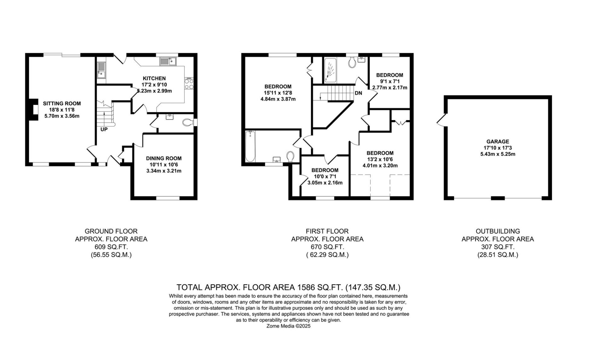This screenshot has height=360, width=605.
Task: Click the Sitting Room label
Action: (62, 103)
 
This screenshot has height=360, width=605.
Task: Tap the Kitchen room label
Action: (154, 78)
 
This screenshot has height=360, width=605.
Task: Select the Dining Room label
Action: (164, 159)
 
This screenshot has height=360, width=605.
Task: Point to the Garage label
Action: (498, 142)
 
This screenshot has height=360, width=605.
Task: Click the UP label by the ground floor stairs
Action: (104, 129)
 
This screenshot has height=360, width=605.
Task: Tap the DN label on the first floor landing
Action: (358, 93)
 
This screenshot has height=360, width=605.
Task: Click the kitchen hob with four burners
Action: (189, 84)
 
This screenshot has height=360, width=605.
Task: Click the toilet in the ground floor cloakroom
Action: (188, 122)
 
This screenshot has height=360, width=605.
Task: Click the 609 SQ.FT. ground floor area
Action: (111, 247)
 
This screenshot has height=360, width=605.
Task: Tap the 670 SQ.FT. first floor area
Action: (327, 247)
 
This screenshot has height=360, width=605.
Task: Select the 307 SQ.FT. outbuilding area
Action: (498, 247)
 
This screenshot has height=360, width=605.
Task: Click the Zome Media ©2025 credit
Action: (288, 326)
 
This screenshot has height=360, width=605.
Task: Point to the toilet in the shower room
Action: (352, 62)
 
